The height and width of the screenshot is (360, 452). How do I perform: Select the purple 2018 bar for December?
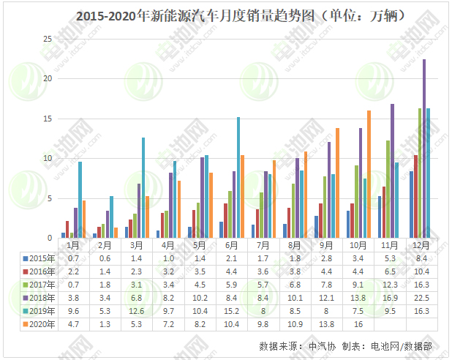pos(424,149)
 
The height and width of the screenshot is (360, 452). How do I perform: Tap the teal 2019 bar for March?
pos(143,187)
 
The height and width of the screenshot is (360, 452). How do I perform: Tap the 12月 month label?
pos(421,244)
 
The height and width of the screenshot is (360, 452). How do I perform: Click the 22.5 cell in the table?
pos(421,297)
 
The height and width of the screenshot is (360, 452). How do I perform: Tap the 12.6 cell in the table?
pos(136,310)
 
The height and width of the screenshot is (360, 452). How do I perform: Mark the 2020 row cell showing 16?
pos(358,323)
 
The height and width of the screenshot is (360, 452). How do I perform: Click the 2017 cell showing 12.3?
pos(389,285)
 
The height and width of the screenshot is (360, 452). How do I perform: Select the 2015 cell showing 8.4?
pos(421,258)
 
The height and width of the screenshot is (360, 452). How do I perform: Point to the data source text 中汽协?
pos(319,345)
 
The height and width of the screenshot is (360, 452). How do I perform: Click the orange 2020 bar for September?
pos(337,182)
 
